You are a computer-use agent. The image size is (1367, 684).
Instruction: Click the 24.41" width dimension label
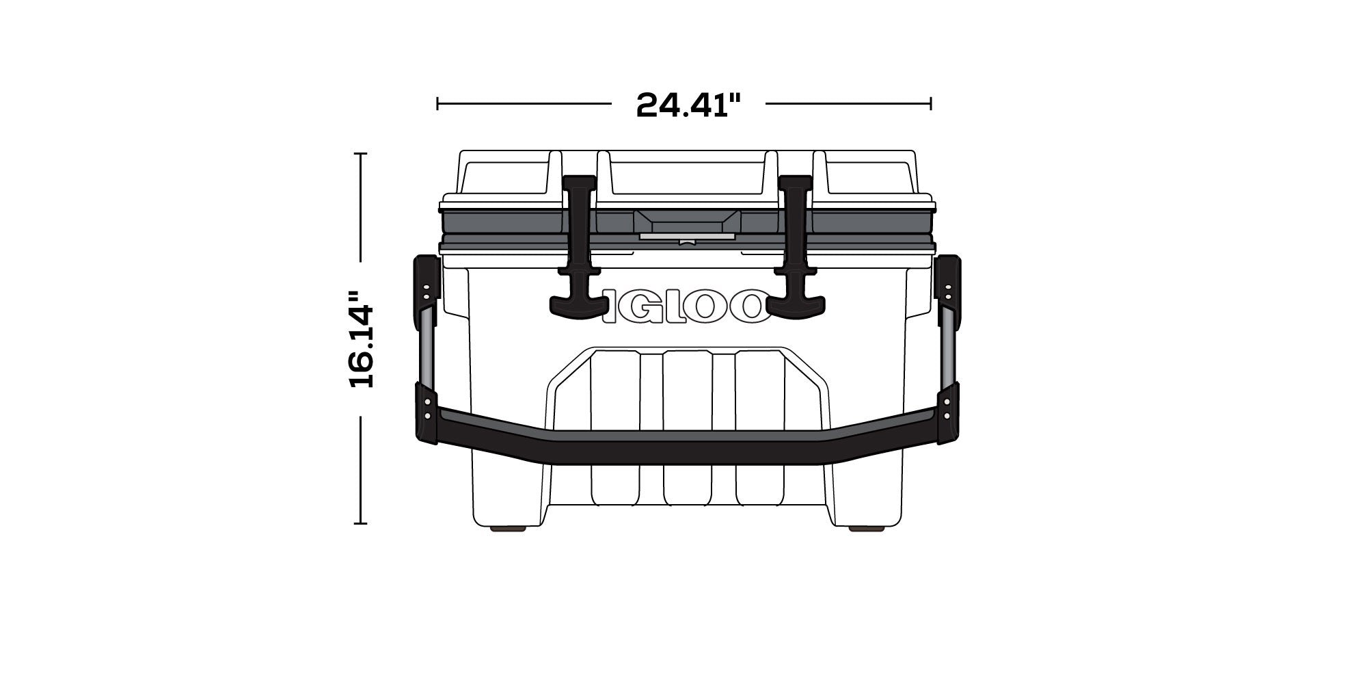688,105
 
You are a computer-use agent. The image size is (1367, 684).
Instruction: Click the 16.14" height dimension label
362,340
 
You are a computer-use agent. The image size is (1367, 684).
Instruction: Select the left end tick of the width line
437,104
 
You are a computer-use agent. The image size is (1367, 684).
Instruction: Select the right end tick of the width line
931,104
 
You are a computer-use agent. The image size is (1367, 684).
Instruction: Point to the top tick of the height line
360,154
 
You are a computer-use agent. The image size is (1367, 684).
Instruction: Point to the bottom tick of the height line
360,523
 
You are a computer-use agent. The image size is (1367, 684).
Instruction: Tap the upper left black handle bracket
424,286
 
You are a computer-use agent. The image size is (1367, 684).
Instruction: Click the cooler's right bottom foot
861,529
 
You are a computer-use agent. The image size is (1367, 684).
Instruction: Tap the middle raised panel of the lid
687,176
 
